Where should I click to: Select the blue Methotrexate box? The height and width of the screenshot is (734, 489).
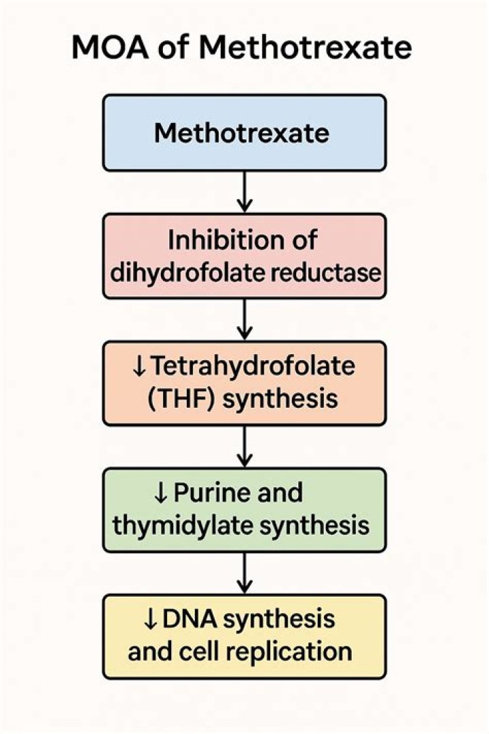[244, 133]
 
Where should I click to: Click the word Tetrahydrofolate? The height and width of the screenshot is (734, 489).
[253, 366]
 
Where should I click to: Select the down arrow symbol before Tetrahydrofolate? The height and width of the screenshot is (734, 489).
[139, 367]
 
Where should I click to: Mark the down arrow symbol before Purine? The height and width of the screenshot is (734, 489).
[161, 493]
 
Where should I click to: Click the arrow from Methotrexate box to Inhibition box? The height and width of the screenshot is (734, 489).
[244, 192]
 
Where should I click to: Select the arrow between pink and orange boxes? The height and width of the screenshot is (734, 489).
[244, 319]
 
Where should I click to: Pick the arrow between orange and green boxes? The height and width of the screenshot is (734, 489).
[244, 446]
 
